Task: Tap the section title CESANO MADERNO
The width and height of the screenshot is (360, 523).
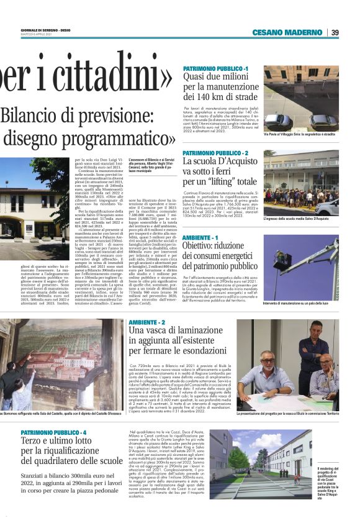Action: pos(289,32)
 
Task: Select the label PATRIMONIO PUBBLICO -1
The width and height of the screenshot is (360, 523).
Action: pos(215,68)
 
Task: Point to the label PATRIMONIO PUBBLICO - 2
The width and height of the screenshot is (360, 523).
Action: pos(215,153)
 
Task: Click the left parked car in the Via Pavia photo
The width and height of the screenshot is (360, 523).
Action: pos(277,120)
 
